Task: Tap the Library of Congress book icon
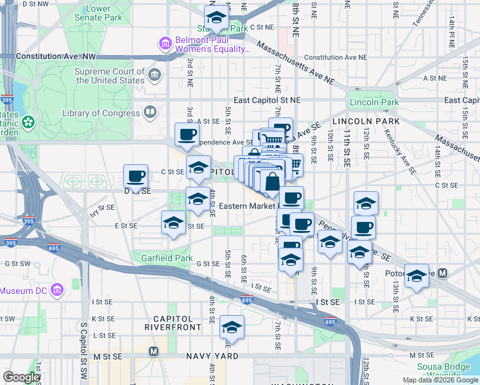pyautogui.click(x=150, y=113)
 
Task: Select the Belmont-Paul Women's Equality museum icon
pyautogui.click(x=165, y=44)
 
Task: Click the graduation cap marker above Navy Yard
pyautogui.click(x=232, y=327)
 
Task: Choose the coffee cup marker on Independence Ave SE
pyautogui.click(x=187, y=134)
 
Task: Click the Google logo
pyautogui.click(x=21, y=377)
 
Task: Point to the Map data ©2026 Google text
pyautogui.click(x=440, y=380)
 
